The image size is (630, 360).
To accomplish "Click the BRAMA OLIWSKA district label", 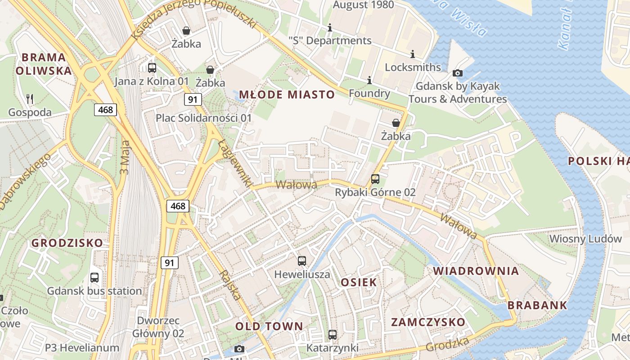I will click(x=44, y=64).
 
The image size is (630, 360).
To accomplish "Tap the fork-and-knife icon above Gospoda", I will click(x=30, y=99).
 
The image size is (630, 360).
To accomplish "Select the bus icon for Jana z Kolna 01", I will click(x=152, y=68).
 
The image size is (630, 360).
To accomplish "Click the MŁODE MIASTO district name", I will click(x=287, y=94).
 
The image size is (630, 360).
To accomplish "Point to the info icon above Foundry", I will click(x=369, y=80).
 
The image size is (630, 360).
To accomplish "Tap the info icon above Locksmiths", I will click(x=413, y=54).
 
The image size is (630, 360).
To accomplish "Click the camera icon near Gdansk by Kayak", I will click(x=458, y=73).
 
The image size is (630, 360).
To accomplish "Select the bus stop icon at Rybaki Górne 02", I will click(x=375, y=179).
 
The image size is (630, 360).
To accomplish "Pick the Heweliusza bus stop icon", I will click(x=302, y=261).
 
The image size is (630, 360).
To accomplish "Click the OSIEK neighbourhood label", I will click(x=359, y=282).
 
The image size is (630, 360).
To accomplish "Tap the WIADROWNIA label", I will click(x=476, y=271).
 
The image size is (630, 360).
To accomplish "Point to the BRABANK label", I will click(x=537, y=305).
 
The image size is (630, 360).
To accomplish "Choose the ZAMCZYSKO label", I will click(x=428, y=322).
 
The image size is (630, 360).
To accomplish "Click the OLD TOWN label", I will click(x=269, y=326).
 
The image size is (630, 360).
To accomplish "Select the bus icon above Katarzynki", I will click(x=333, y=335).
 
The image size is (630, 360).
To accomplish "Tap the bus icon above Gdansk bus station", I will click(x=94, y=278).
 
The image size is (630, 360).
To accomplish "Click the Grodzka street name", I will click(x=447, y=344).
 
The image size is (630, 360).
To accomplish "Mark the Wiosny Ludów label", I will click(x=585, y=238).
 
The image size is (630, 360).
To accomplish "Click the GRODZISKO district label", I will click(x=67, y=243).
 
